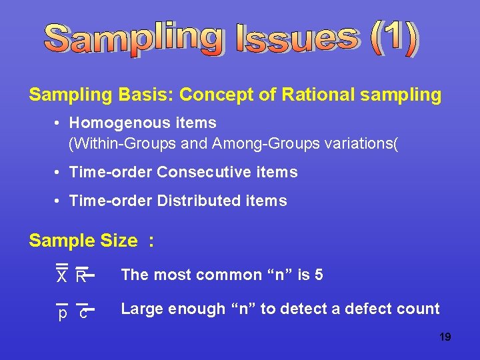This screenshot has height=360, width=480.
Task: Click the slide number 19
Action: coord(445,337)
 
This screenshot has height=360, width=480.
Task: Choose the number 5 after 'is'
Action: coord(319,275)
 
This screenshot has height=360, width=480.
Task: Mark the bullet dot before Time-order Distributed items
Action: coord(59,201)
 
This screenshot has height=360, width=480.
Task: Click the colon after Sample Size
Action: coord(151,241)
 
